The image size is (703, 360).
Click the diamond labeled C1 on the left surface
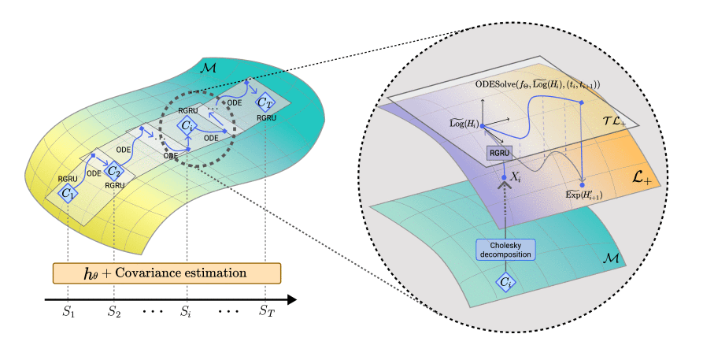pyautogui.click(x=69, y=193)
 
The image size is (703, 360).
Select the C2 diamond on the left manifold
pyautogui.click(x=115, y=171)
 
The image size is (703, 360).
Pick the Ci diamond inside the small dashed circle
pyautogui.click(x=186, y=125)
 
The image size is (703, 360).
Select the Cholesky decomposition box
pyautogui.click(x=504, y=250)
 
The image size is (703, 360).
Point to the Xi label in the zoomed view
pyautogui.click(x=516, y=180)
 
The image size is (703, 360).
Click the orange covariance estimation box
pyautogui.click(x=166, y=273)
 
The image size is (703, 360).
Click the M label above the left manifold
pyautogui.click(x=208, y=70)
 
